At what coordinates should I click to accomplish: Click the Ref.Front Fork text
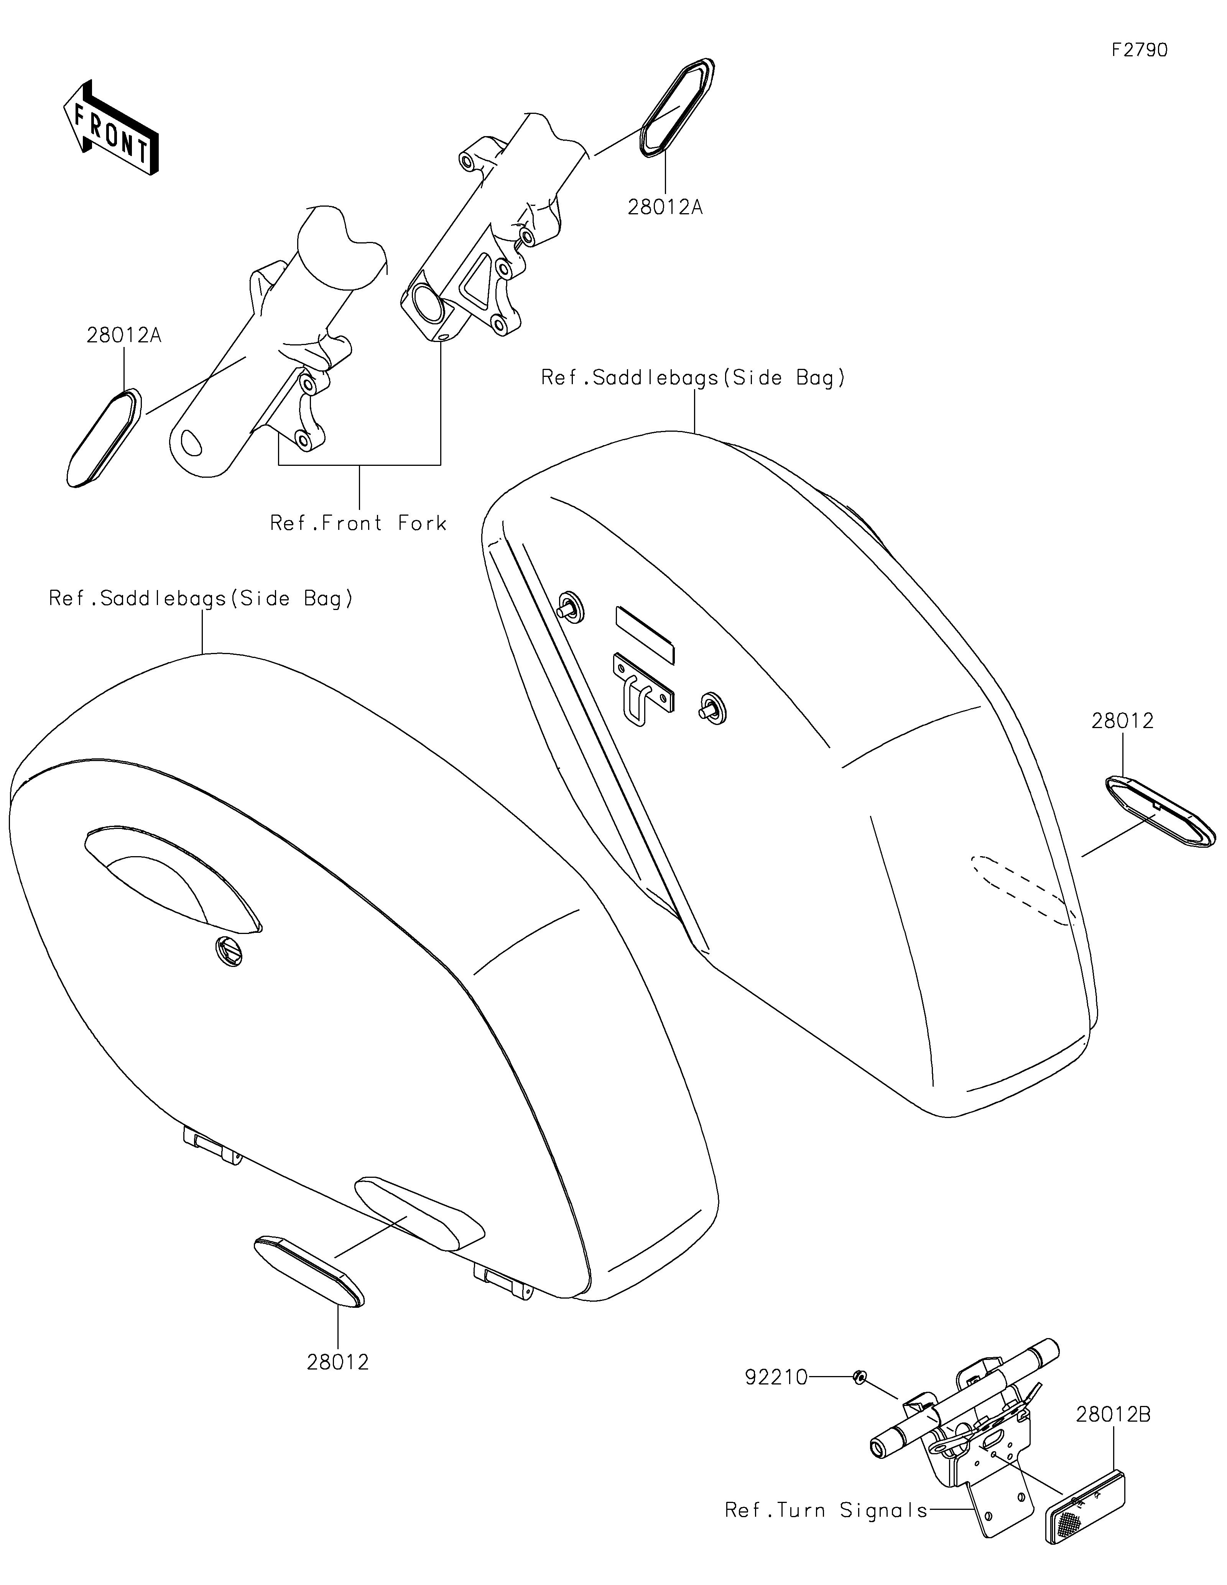tap(359, 523)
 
